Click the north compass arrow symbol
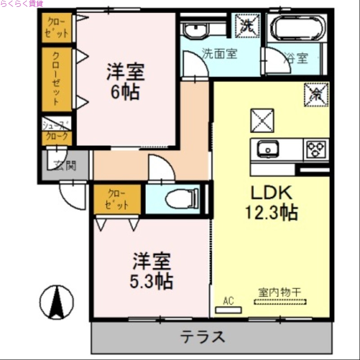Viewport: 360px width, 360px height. click(57, 302)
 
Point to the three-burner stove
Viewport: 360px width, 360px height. click(317, 149)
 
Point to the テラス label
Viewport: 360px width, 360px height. click(203, 337)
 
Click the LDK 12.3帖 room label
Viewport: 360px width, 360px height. click(271, 202)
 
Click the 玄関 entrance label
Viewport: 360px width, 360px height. click(65, 166)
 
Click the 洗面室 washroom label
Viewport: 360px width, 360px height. click(219, 54)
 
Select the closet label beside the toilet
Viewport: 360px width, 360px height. click(117, 199)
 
